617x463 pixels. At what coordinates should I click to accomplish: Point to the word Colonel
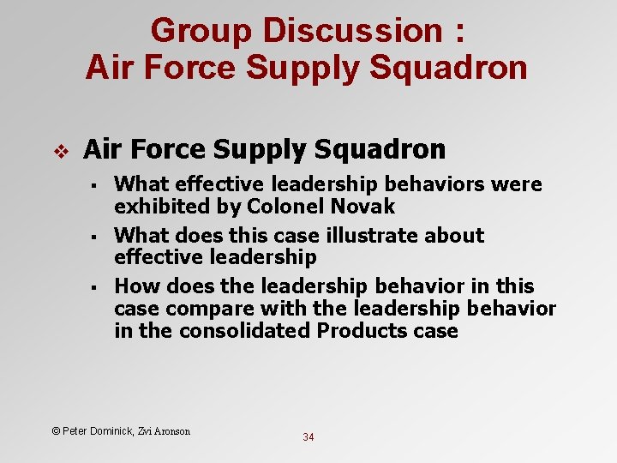(x=286, y=207)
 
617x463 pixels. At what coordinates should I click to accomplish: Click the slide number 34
(x=308, y=437)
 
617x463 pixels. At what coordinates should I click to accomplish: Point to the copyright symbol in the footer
(x=56, y=430)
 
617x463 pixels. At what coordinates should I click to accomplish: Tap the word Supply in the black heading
(x=261, y=150)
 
